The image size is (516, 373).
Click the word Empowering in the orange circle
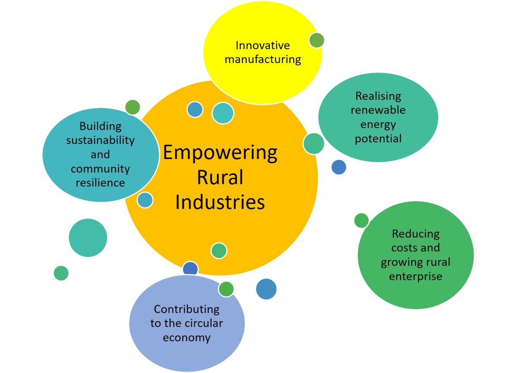click(220, 153)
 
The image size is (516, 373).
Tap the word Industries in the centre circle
click(220, 202)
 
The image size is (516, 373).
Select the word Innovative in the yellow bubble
click(263, 45)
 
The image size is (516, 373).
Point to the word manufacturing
click(263, 59)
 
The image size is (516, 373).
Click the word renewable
click(378, 110)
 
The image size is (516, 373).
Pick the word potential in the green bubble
click(378, 139)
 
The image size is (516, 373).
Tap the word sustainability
click(100, 140)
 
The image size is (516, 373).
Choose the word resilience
click(100, 182)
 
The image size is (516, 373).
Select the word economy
click(187, 338)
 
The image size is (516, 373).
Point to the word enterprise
click(416, 276)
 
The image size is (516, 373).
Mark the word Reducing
click(416, 234)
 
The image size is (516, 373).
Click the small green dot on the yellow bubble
click(317, 40)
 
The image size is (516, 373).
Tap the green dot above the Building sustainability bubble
click(133, 107)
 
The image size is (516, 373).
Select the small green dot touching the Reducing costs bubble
click(361, 220)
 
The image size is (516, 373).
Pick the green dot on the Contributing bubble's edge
click(226, 289)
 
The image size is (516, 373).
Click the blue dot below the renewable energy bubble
click(339, 167)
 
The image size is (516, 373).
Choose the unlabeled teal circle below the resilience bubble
click(88, 238)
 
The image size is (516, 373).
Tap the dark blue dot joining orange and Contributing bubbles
click(190, 268)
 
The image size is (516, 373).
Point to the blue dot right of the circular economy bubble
click(266, 289)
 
